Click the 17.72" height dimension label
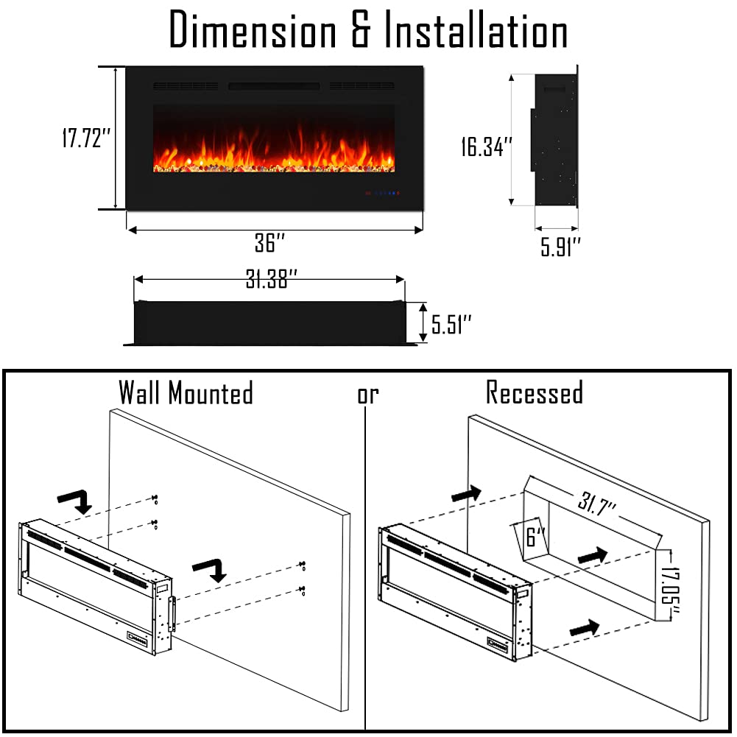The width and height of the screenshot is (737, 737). tap(85, 138)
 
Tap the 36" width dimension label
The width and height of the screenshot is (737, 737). tap(270, 243)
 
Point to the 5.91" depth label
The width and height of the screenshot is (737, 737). tap(561, 247)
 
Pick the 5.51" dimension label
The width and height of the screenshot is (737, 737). tap(451, 324)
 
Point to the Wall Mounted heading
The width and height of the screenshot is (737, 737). tap(186, 393)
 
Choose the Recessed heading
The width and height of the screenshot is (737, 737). tap(535, 393)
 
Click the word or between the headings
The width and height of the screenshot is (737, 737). tap(367, 395)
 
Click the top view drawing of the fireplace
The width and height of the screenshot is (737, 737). tap(269, 322)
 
